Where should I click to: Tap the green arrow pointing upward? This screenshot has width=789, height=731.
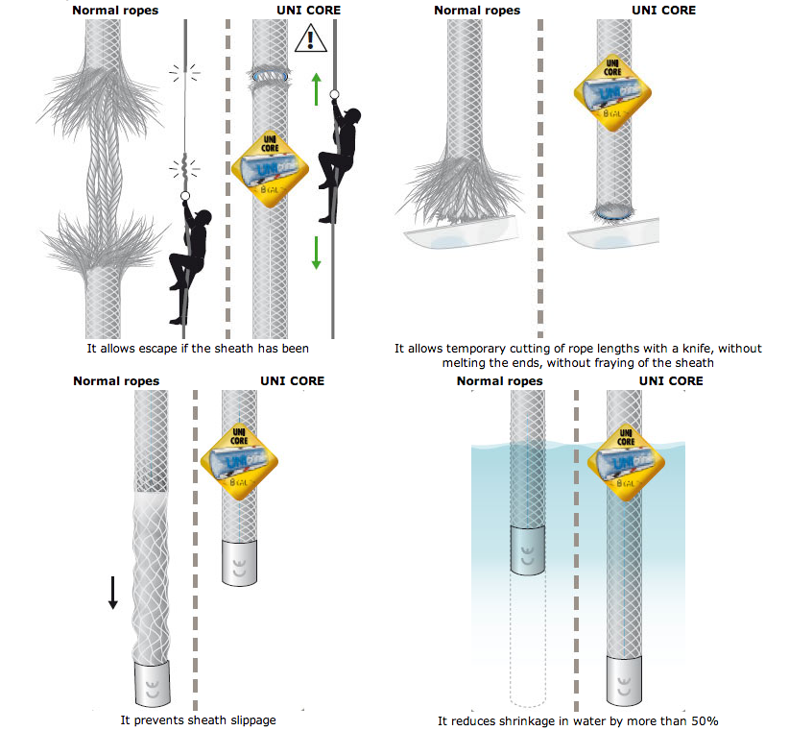click(316, 87)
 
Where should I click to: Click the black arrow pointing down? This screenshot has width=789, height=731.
click(112, 591)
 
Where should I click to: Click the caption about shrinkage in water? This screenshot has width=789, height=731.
click(578, 720)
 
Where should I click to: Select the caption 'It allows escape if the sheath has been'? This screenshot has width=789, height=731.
click(197, 348)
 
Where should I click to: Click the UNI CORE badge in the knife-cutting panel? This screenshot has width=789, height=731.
click(613, 92)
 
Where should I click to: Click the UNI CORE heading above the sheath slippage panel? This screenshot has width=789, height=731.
click(292, 381)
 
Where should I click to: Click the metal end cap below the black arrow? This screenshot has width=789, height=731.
click(151, 683)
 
